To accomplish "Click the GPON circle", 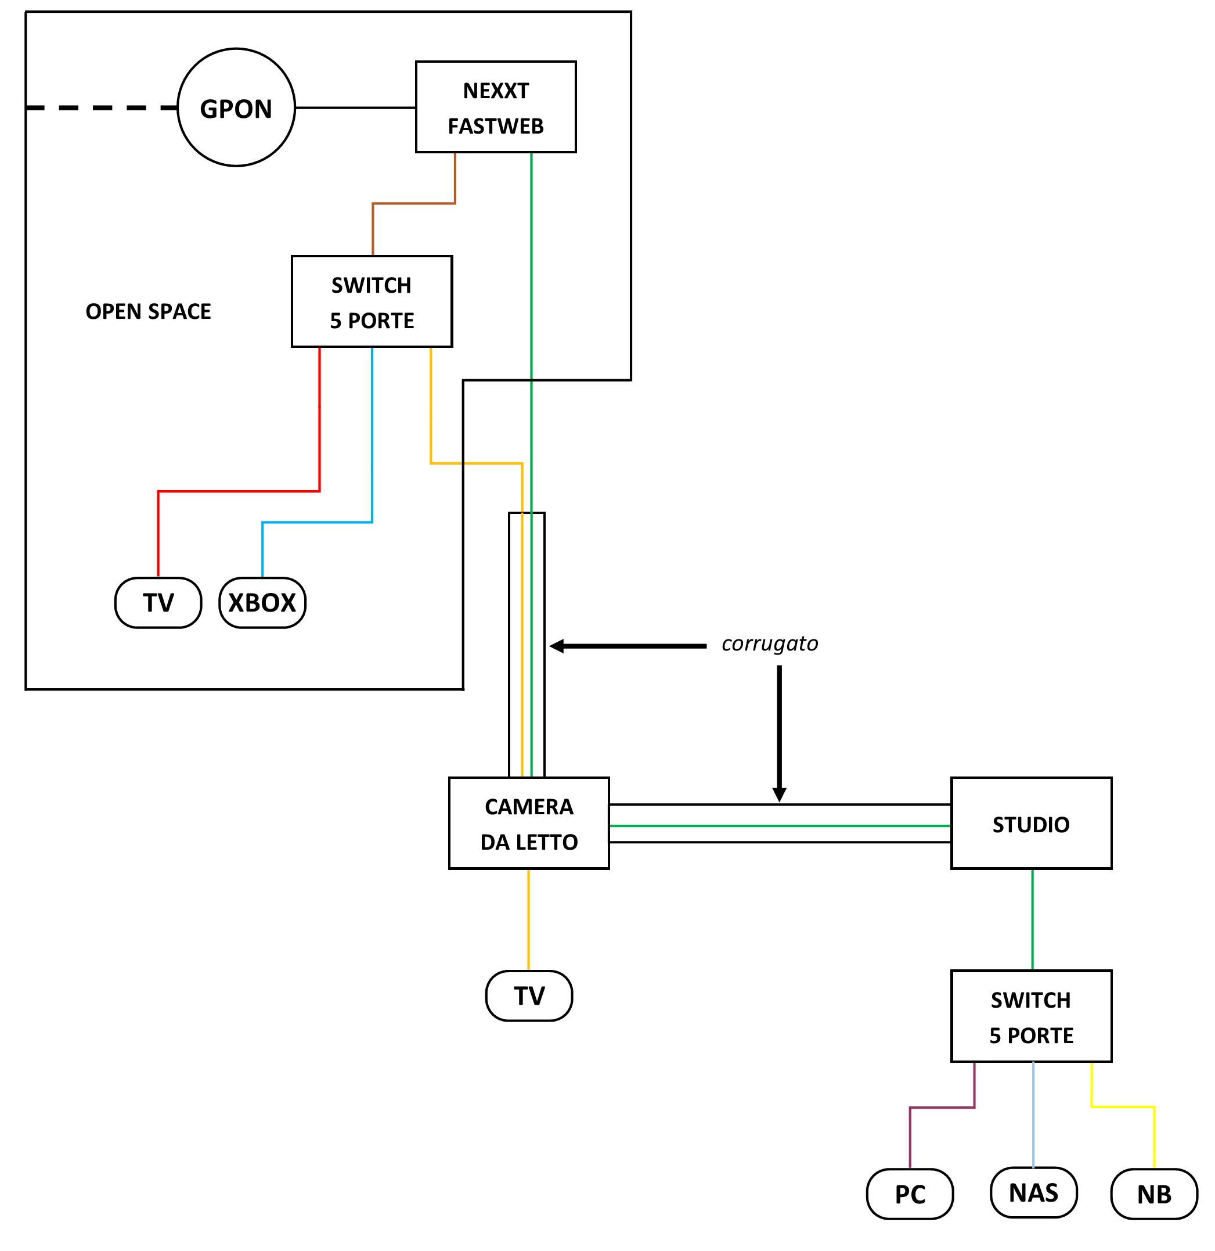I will (236, 108).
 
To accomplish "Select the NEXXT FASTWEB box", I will (496, 107).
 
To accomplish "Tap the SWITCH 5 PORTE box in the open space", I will (372, 302).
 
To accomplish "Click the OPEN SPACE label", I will (148, 311).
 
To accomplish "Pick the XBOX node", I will (262, 602).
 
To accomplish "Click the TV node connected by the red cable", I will (158, 602).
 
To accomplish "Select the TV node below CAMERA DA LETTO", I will (529, 995).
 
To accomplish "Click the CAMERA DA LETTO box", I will (529, 824).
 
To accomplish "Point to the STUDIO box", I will (1031, 824).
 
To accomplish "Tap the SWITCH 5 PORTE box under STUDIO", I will (1031, 1017).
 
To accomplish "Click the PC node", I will (910, 1194).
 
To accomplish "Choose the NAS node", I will (1034, 1192).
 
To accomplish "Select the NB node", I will (1155, 1194).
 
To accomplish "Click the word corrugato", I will (770, 644).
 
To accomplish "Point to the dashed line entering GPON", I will (102, 108).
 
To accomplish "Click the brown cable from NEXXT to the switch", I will (413, 204).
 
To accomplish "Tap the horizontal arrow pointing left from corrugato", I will (629, 646).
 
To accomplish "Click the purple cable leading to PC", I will (942, 1108).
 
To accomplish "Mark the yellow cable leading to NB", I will (1123, 1107).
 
